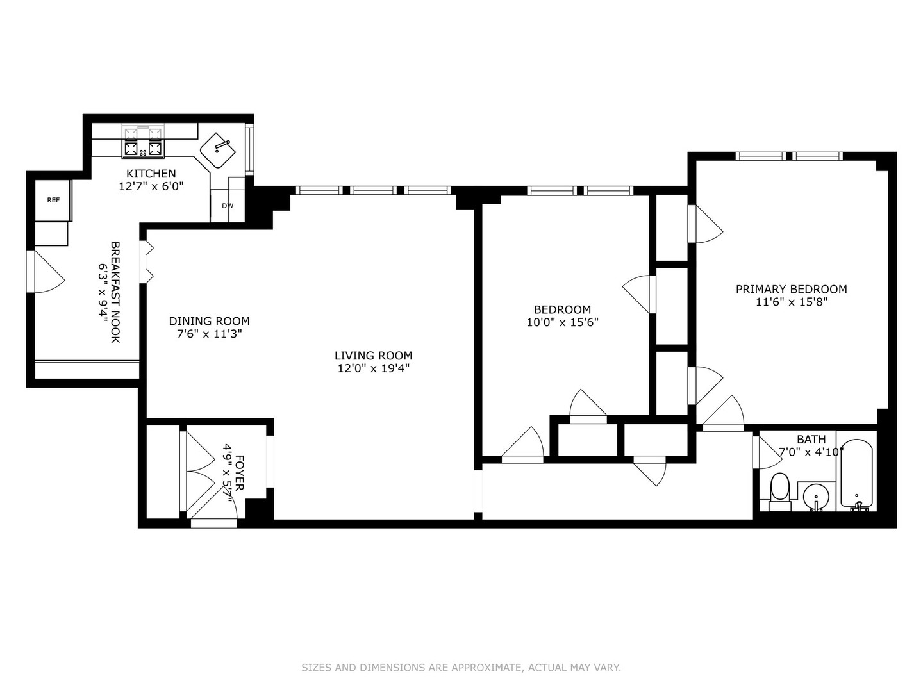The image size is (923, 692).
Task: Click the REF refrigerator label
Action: [53, 200]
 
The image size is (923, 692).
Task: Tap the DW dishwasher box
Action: [228, 206]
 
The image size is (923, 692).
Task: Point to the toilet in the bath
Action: [780, 492]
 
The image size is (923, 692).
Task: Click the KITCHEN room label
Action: [151, 174]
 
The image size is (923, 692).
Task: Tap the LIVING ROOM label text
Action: [373, 356]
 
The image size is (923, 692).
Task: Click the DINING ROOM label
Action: [209, 321]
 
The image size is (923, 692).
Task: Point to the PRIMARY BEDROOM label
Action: [791, 289]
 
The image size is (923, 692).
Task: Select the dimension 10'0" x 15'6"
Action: [562, 322]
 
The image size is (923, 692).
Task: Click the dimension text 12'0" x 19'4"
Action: [373, 368]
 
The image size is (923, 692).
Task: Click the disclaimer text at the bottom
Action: [461, 668]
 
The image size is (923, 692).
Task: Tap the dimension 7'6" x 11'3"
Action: [209, 334]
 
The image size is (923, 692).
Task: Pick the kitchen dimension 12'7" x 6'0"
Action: [151, 186]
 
